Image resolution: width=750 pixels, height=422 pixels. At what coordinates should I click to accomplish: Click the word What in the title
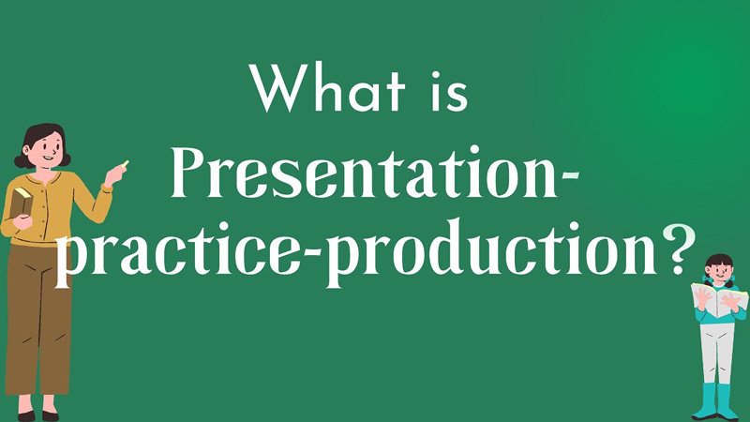coord(326,87)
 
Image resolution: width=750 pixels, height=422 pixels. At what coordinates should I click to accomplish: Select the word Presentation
coord(364,173)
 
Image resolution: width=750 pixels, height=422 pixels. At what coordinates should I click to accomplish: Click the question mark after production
coord(679,249)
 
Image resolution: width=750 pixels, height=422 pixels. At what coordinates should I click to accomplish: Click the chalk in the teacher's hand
coord(126,163)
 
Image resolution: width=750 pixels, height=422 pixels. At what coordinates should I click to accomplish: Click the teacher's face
coord(48,149)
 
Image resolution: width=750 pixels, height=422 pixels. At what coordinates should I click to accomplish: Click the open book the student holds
coord(719,300)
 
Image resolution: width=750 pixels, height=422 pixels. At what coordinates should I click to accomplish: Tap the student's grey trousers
coord(716,354)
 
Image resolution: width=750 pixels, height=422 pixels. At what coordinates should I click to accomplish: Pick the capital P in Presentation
coord(191,173)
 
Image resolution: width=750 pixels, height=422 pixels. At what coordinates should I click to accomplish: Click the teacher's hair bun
coord(20,161)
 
